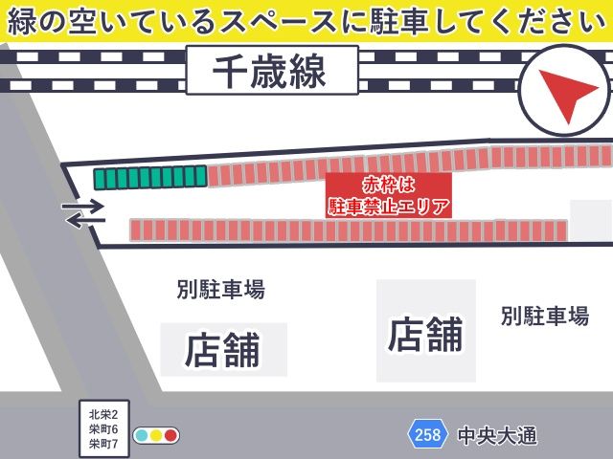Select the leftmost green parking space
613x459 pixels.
(x=99, y=178)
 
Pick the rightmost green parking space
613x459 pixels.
(x=200, y=176)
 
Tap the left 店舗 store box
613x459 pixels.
(x=223, y=349)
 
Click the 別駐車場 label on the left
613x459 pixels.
(x=220, y=289)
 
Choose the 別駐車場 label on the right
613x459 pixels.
(x=544, y=316)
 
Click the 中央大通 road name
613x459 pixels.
(x=496, y=436)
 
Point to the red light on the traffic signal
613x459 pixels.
(x=170, y=436)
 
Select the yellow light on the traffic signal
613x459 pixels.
(x=156, y=436)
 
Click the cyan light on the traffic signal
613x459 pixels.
(x=142, y=436)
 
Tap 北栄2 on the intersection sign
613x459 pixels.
(x=102, y=414)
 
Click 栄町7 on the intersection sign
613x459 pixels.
(x=102, y=444)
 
